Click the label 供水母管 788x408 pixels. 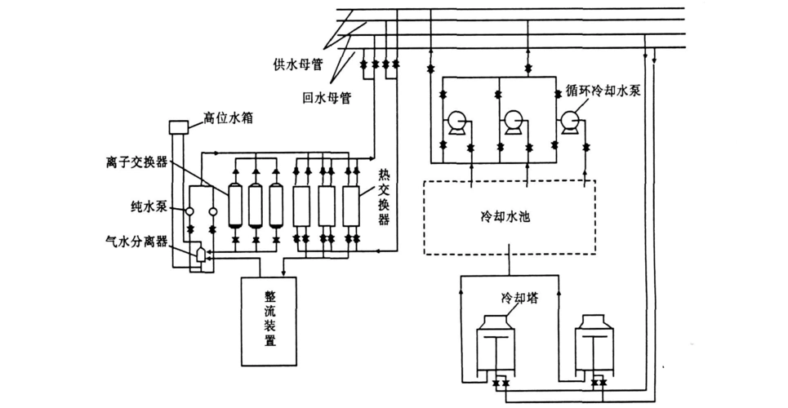coord(303,64)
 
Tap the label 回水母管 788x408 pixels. coord(326,97)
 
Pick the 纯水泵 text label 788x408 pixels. coord(149,207)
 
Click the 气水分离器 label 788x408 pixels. coord(136,242)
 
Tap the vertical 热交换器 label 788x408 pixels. coord(384,197)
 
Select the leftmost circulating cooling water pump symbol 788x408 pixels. coord(454,122)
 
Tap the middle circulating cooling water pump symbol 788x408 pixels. coord(513,122)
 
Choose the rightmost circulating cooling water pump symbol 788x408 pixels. coord(570,122)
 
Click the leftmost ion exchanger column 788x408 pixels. coord(235,204)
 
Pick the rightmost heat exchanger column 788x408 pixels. coord(351,206)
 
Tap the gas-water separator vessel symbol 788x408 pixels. coord(201,255)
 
